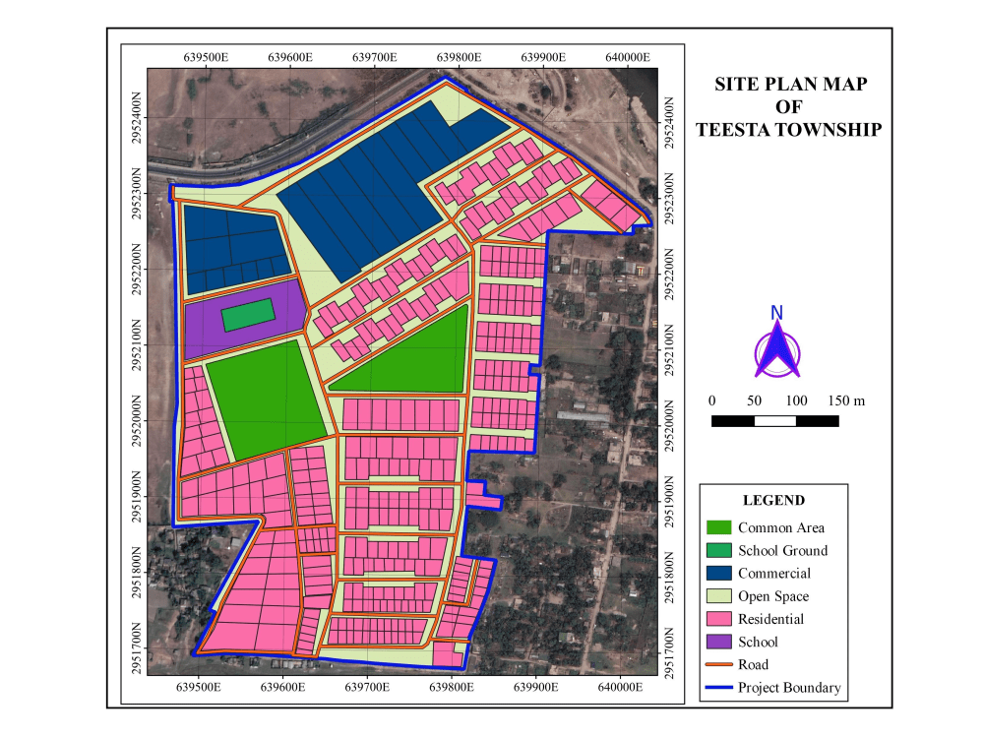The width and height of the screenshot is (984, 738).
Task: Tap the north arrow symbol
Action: [x=777, y=346]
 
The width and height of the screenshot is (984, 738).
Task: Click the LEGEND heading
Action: [x=773, y=500]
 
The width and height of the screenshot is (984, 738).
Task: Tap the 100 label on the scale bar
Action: [x=796, y=400]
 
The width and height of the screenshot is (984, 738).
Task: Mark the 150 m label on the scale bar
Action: [x=845, y=400]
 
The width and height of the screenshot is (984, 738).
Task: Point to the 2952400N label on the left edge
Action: [x=136, y=117]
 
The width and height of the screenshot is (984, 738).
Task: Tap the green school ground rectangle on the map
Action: [x=247, y=315]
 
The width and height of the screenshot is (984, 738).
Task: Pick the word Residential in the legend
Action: [x=770, y=619]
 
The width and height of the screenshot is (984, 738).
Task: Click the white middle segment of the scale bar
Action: [x=774, y=421]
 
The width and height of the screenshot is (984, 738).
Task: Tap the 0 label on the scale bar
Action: [x=711, y=400]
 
